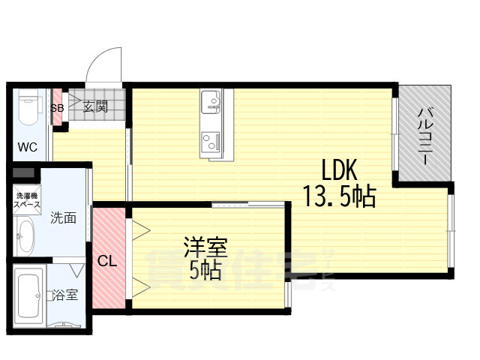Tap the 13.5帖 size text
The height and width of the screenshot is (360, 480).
pos(339,196)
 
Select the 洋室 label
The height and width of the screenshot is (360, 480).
pos(205,247)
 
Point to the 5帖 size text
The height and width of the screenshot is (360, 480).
pos(205,270)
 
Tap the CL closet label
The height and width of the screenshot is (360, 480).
pos(106,262)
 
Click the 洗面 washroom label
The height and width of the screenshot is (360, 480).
pos(64,218)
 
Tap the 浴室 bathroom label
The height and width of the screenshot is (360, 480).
pos(65,295)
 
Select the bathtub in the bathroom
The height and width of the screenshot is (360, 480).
pos(29,298)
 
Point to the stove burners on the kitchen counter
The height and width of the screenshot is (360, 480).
pos(210,139)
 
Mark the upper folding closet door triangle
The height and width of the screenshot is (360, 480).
pos(140,229)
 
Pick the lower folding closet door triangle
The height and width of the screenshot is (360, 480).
pos(140,284)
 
